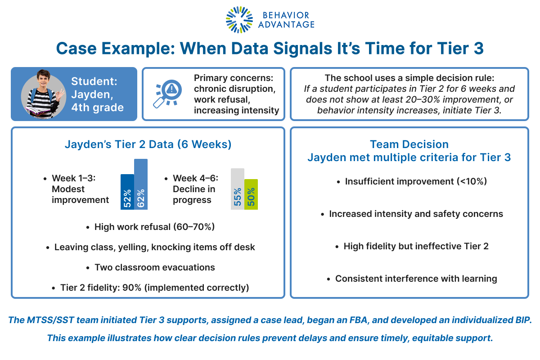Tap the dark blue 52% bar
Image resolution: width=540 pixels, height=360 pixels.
(x=127, y=193)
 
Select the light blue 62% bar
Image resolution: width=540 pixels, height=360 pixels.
(x=140, y=185)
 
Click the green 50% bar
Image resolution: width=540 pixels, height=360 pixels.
(x=251, y=194)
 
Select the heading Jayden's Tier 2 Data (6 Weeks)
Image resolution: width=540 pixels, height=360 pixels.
(x=148, y=145)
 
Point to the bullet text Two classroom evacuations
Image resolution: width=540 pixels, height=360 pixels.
(x=154, y=267)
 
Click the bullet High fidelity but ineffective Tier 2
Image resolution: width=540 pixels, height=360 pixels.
(x=416, y=246)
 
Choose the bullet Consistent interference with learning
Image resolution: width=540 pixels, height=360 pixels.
(x=416, y=279)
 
